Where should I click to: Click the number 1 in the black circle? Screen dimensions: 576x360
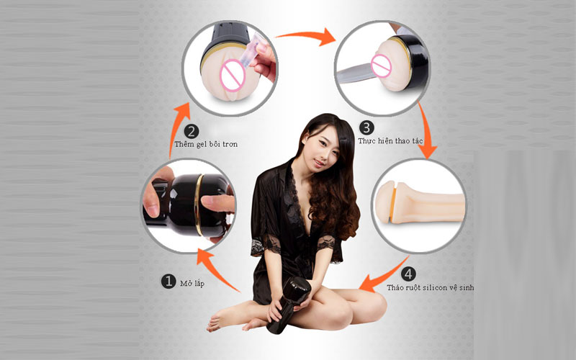point(168,282)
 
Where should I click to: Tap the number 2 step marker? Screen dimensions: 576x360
point(191,131)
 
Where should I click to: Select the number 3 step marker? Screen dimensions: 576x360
point(366,128)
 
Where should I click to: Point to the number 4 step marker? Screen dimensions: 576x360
point(408,274)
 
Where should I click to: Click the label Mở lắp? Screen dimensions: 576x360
point(192,284)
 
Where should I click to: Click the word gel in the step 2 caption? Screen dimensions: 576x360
point(202,145)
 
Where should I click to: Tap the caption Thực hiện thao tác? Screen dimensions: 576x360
point(390,141)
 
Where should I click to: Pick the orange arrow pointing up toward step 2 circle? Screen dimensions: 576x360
point(176,129)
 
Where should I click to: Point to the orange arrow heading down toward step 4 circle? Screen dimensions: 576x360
point(426,130)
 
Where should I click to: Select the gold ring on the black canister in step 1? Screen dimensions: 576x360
point(199,205)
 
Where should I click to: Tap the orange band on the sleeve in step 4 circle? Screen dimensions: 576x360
point(393,204)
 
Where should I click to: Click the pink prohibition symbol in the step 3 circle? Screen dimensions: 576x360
point(382,66)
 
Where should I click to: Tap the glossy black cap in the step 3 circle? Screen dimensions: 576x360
point(413,61)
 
